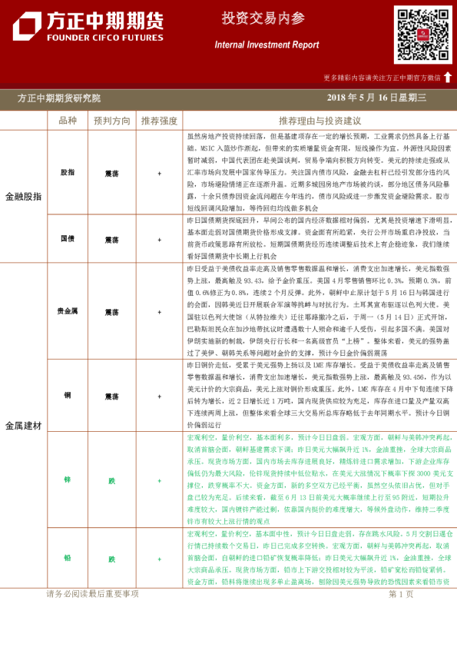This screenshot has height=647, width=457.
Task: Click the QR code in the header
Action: tap(423, 35)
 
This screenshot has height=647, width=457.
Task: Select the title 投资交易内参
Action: tap(253, 18)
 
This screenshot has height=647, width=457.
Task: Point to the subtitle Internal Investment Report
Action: tap(267, 45)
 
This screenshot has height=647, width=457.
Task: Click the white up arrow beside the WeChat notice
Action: tap(448, 77)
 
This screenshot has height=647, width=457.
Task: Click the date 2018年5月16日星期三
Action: tap(376, 98)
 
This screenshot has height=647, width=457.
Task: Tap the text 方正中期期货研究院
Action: tap(59, 98)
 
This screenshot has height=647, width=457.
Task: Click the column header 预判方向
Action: tap(112, 121)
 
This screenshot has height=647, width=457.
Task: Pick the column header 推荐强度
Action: tap(159, 121)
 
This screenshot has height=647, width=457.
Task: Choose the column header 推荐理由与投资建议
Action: tap(320, 121)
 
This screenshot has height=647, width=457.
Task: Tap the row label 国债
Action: tap(68, 238)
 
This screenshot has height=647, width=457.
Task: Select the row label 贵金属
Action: tap(68, 311)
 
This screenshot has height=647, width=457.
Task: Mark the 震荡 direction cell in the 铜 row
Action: tap(112, 396)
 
